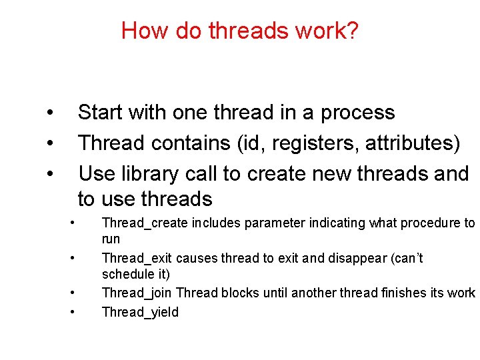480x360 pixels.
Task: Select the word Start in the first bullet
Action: [101, 113]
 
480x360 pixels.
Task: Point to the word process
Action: [357, 113]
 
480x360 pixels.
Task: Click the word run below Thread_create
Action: [111, 239]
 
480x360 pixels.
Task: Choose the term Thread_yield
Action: [140, 312]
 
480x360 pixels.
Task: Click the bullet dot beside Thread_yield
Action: [72, 311]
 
